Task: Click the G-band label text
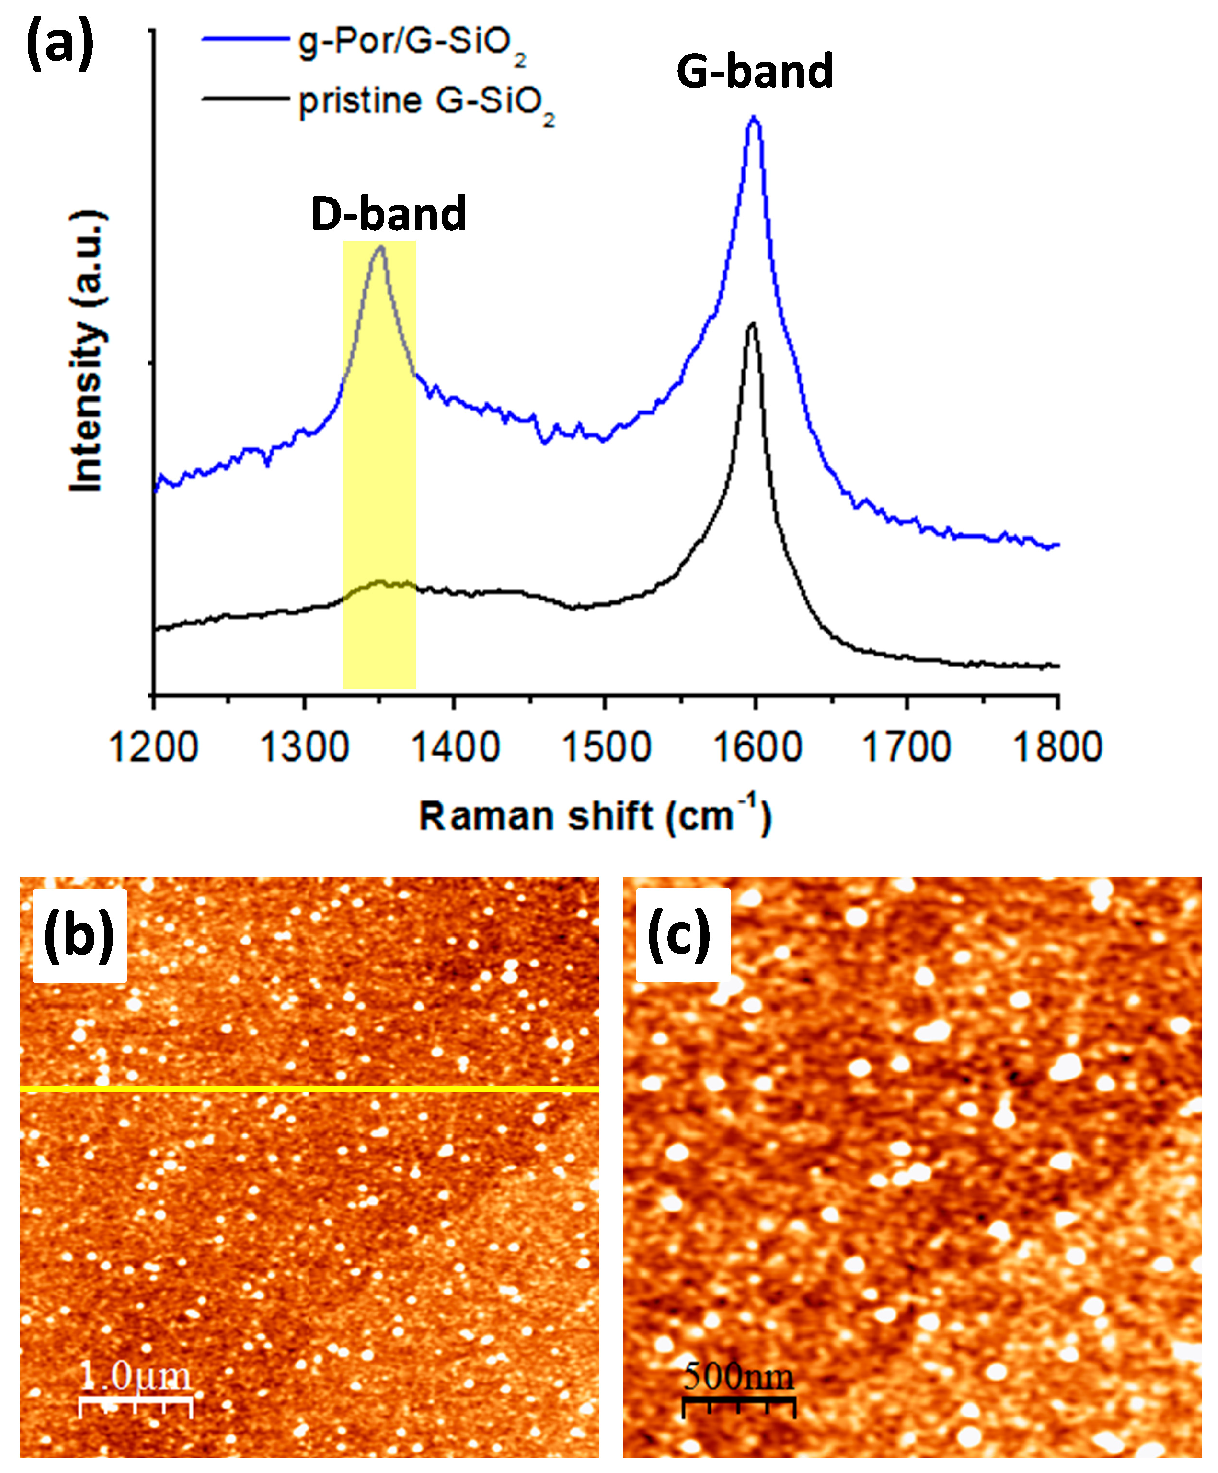pyautogui.click(x=754, y=72)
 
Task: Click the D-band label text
pyautogui.click(x=388, y=214)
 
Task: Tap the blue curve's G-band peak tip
pyautogui.click(x=754, y=118)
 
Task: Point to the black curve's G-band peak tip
pyautogui.click(x=753, y=324)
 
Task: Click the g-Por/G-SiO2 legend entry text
pyautogui.click(x=412, y=43)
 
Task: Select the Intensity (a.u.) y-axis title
pyautogui.click(x=88, y=351)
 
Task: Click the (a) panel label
pyautogui.click(x=59, y=43)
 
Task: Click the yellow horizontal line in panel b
pyautogui.click(x=309, y=1089)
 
